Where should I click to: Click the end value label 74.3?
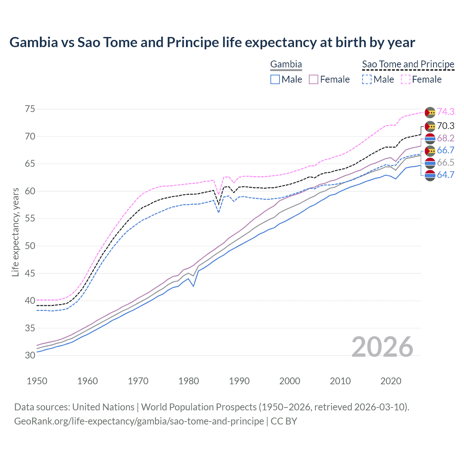(x=446, y=112)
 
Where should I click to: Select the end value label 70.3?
(x=446, y=126)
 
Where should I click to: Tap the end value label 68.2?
(x=446, y=138)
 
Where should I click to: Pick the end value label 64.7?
(x=446, y=175)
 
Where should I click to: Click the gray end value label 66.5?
(x=446, y=162)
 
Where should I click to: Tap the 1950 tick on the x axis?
(x=37, y=381)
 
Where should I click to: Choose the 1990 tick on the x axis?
(x=239, y=381)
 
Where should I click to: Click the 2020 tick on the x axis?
(x=391, y=381)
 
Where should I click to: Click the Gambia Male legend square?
(x=275, y=79)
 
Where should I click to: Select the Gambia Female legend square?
(x=314, y=79)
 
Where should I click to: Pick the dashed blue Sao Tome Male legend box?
(x=367, y=79)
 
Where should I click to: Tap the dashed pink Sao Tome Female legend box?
(x=406, y=79)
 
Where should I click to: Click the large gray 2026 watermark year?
(x=382, y=347)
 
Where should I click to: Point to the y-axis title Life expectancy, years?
(x=15, y=232)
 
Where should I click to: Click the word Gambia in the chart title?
(x=33, y=42)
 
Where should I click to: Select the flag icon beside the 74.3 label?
(x=430, y=112)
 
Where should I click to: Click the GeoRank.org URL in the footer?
(x=139, y=421)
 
